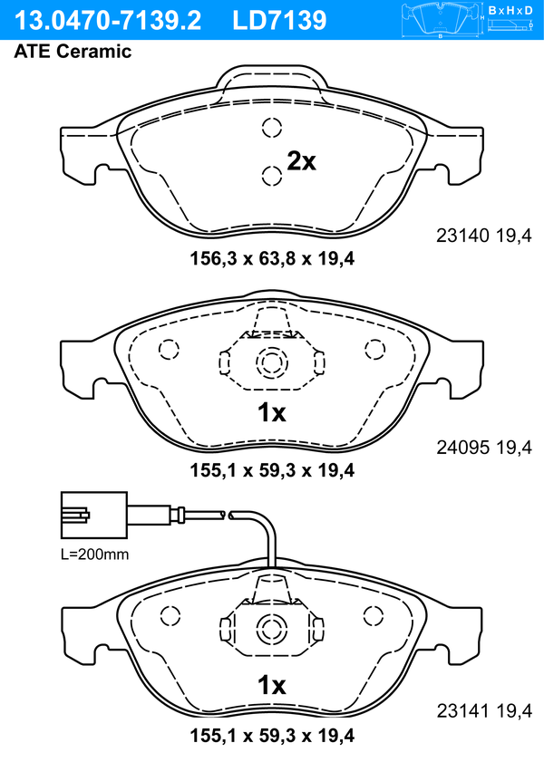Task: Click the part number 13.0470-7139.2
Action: point(108,20)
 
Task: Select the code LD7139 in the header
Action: point(279,20)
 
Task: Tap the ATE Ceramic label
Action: point(73,52)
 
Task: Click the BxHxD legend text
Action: point(510,10)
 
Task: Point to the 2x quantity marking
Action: point(301,161)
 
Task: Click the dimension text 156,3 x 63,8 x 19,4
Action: point(272,258)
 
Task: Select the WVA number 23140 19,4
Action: point(484,236)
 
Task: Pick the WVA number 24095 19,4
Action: point(484,447)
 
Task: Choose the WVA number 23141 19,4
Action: point(484,711)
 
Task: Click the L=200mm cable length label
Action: point(95,554)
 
